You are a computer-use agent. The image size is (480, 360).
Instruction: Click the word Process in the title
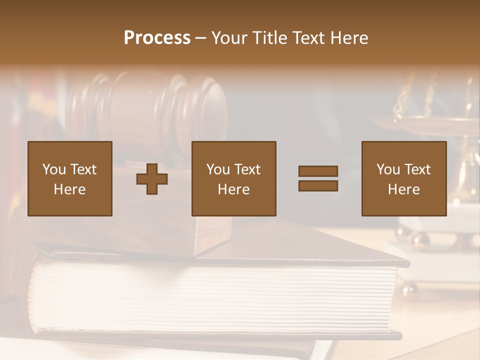[157, 38]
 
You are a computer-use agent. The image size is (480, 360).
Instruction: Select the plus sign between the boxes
[152, 179]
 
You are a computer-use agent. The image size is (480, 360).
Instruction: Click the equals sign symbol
[318, 178]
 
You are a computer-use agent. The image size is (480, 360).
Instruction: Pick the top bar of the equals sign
[318, 171]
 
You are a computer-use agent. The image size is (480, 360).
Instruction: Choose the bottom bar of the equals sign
[318, 185]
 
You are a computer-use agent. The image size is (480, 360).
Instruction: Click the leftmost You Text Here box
[70, 178]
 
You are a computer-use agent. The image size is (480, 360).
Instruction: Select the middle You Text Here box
[233, 178]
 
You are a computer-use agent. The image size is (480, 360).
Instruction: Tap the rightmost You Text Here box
[403, 178]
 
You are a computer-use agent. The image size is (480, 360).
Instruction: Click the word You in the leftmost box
[53, 169]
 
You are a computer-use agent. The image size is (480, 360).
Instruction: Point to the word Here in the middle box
[233, 189]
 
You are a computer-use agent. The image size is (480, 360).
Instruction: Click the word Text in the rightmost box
[417, 169]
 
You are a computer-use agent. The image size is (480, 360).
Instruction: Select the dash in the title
[201, 38]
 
